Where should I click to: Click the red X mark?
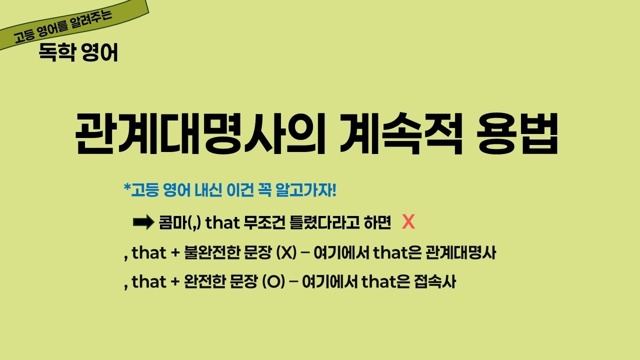(408, 222)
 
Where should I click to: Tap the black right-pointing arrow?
(143, 222)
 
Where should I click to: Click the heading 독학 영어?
(78, 53)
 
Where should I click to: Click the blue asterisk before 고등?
(126, 189)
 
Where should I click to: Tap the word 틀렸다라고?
(323, 223)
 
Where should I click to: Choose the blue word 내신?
(205, 190)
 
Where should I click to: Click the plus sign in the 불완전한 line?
(175, 253)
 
